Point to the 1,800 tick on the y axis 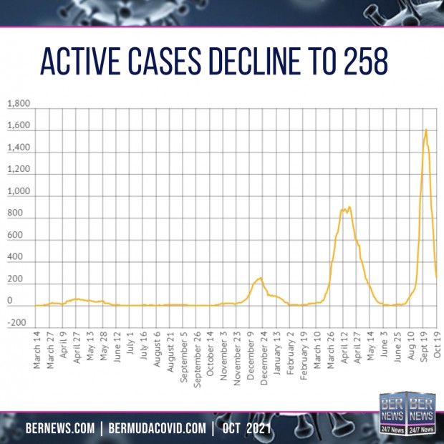(19, 105)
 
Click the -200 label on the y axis (20, 324)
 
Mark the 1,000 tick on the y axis (19, 193)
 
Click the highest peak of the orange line (426, 130)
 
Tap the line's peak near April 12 (348, 207)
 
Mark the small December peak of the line (260, 278)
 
